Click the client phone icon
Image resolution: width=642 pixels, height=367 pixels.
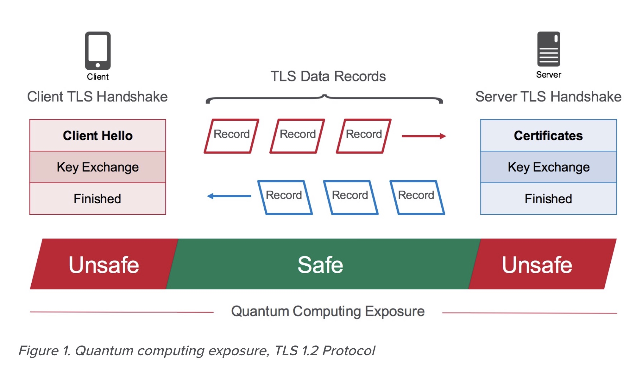pos(98,51)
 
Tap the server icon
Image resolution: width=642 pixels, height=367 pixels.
pos(548,49)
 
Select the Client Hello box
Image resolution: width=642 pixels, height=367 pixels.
pos(98,136)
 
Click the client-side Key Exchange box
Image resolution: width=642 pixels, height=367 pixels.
pos(98,167)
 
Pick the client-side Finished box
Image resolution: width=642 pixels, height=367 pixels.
pos(98,199)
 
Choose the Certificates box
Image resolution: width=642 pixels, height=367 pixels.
pos(548,136)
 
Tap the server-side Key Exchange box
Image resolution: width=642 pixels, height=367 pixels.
pos(548,167)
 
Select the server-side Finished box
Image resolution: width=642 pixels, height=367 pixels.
pos(548,199)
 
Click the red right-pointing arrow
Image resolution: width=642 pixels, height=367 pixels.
pos(424,136)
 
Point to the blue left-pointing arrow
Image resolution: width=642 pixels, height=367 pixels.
pos(229,196)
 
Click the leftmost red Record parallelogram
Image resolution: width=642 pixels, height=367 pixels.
pos(231,136)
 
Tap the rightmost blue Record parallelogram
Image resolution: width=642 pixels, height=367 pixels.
pos(417,197)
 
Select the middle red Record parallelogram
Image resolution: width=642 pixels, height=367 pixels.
pos(297,136)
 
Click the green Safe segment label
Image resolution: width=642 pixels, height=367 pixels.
pos(320,265)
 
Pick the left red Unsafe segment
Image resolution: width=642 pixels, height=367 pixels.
pos(104,265)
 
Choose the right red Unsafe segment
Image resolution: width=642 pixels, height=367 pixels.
pos(537,265)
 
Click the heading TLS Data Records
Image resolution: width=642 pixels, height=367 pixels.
pos(328,76)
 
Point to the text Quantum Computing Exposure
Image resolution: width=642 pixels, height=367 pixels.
pos(328,311)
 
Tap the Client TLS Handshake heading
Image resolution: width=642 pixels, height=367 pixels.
pos(97,97)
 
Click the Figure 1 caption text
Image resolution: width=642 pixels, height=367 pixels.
pos(197,351)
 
